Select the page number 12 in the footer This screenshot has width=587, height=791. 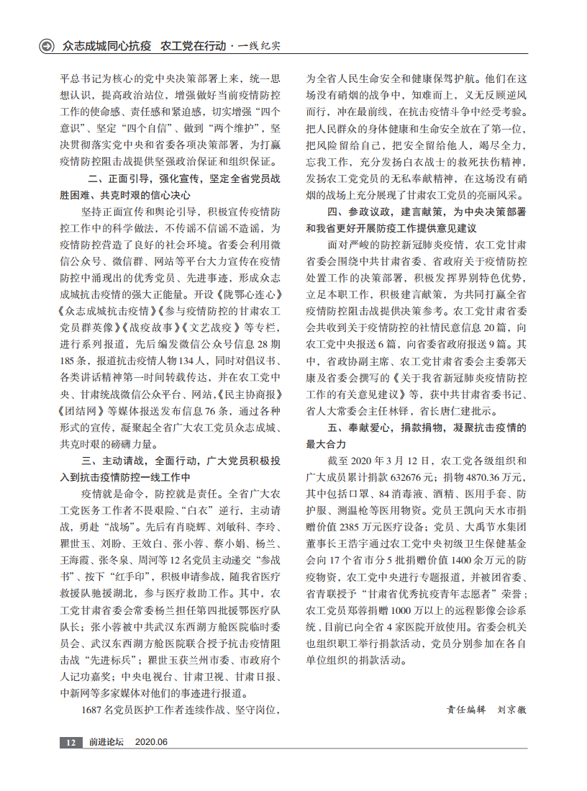[70, 742]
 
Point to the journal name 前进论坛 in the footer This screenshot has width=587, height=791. [106, 742]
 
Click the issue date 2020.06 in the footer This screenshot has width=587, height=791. [151, 742]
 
